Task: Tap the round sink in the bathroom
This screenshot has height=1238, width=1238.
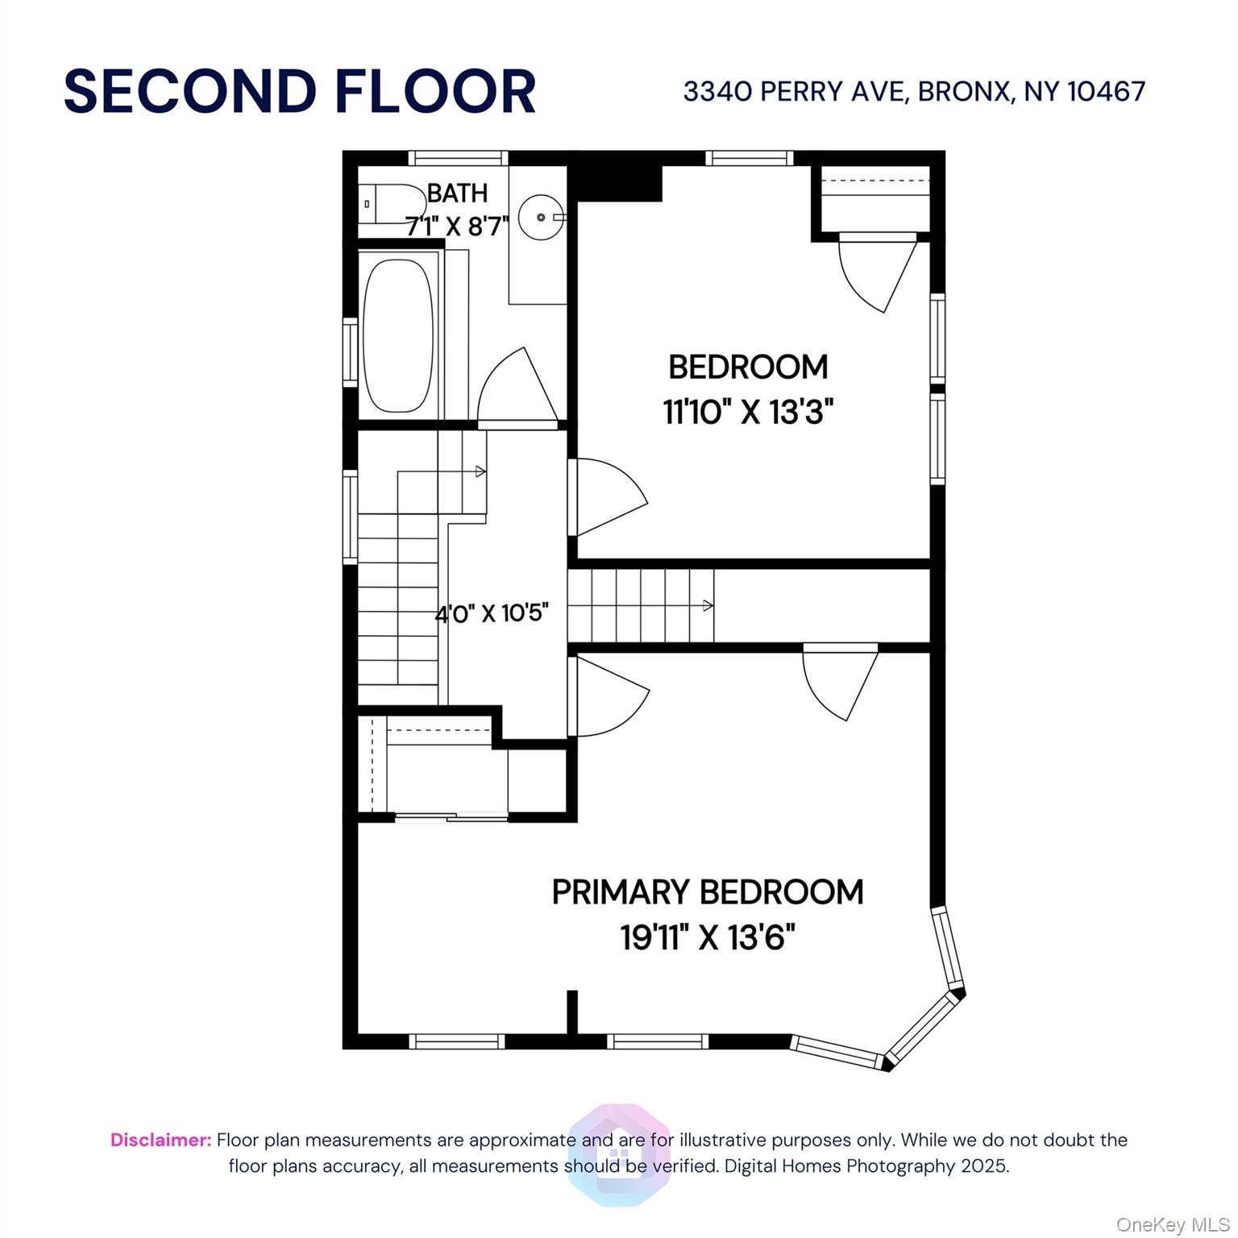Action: [539, 217]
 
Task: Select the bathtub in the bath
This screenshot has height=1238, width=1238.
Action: [397, 334]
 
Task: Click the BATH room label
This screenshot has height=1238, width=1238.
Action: [457, 193]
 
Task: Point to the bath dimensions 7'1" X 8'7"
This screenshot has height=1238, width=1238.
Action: [457, 226]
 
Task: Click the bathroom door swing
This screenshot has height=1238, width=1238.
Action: [516, 387]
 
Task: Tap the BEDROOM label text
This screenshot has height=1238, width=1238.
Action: [748, 368]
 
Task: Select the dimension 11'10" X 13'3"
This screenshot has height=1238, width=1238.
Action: [748, 413]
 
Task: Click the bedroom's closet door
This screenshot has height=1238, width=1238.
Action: [877, 270]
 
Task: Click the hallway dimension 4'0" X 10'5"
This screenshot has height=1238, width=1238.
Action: [492, 614]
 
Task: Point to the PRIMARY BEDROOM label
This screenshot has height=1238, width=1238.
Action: [708, 892]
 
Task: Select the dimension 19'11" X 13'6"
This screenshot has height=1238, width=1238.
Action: [708, 937]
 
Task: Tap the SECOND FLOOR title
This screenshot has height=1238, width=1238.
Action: [300, 91]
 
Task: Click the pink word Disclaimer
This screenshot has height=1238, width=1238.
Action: [161, 1140]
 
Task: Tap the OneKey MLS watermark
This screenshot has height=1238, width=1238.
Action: [1172, 1225]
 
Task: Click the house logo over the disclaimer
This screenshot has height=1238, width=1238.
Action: [619, 1154]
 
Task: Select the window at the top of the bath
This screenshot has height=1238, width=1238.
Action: [458, 158]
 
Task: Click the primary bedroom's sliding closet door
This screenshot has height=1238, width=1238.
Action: [451, 817]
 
